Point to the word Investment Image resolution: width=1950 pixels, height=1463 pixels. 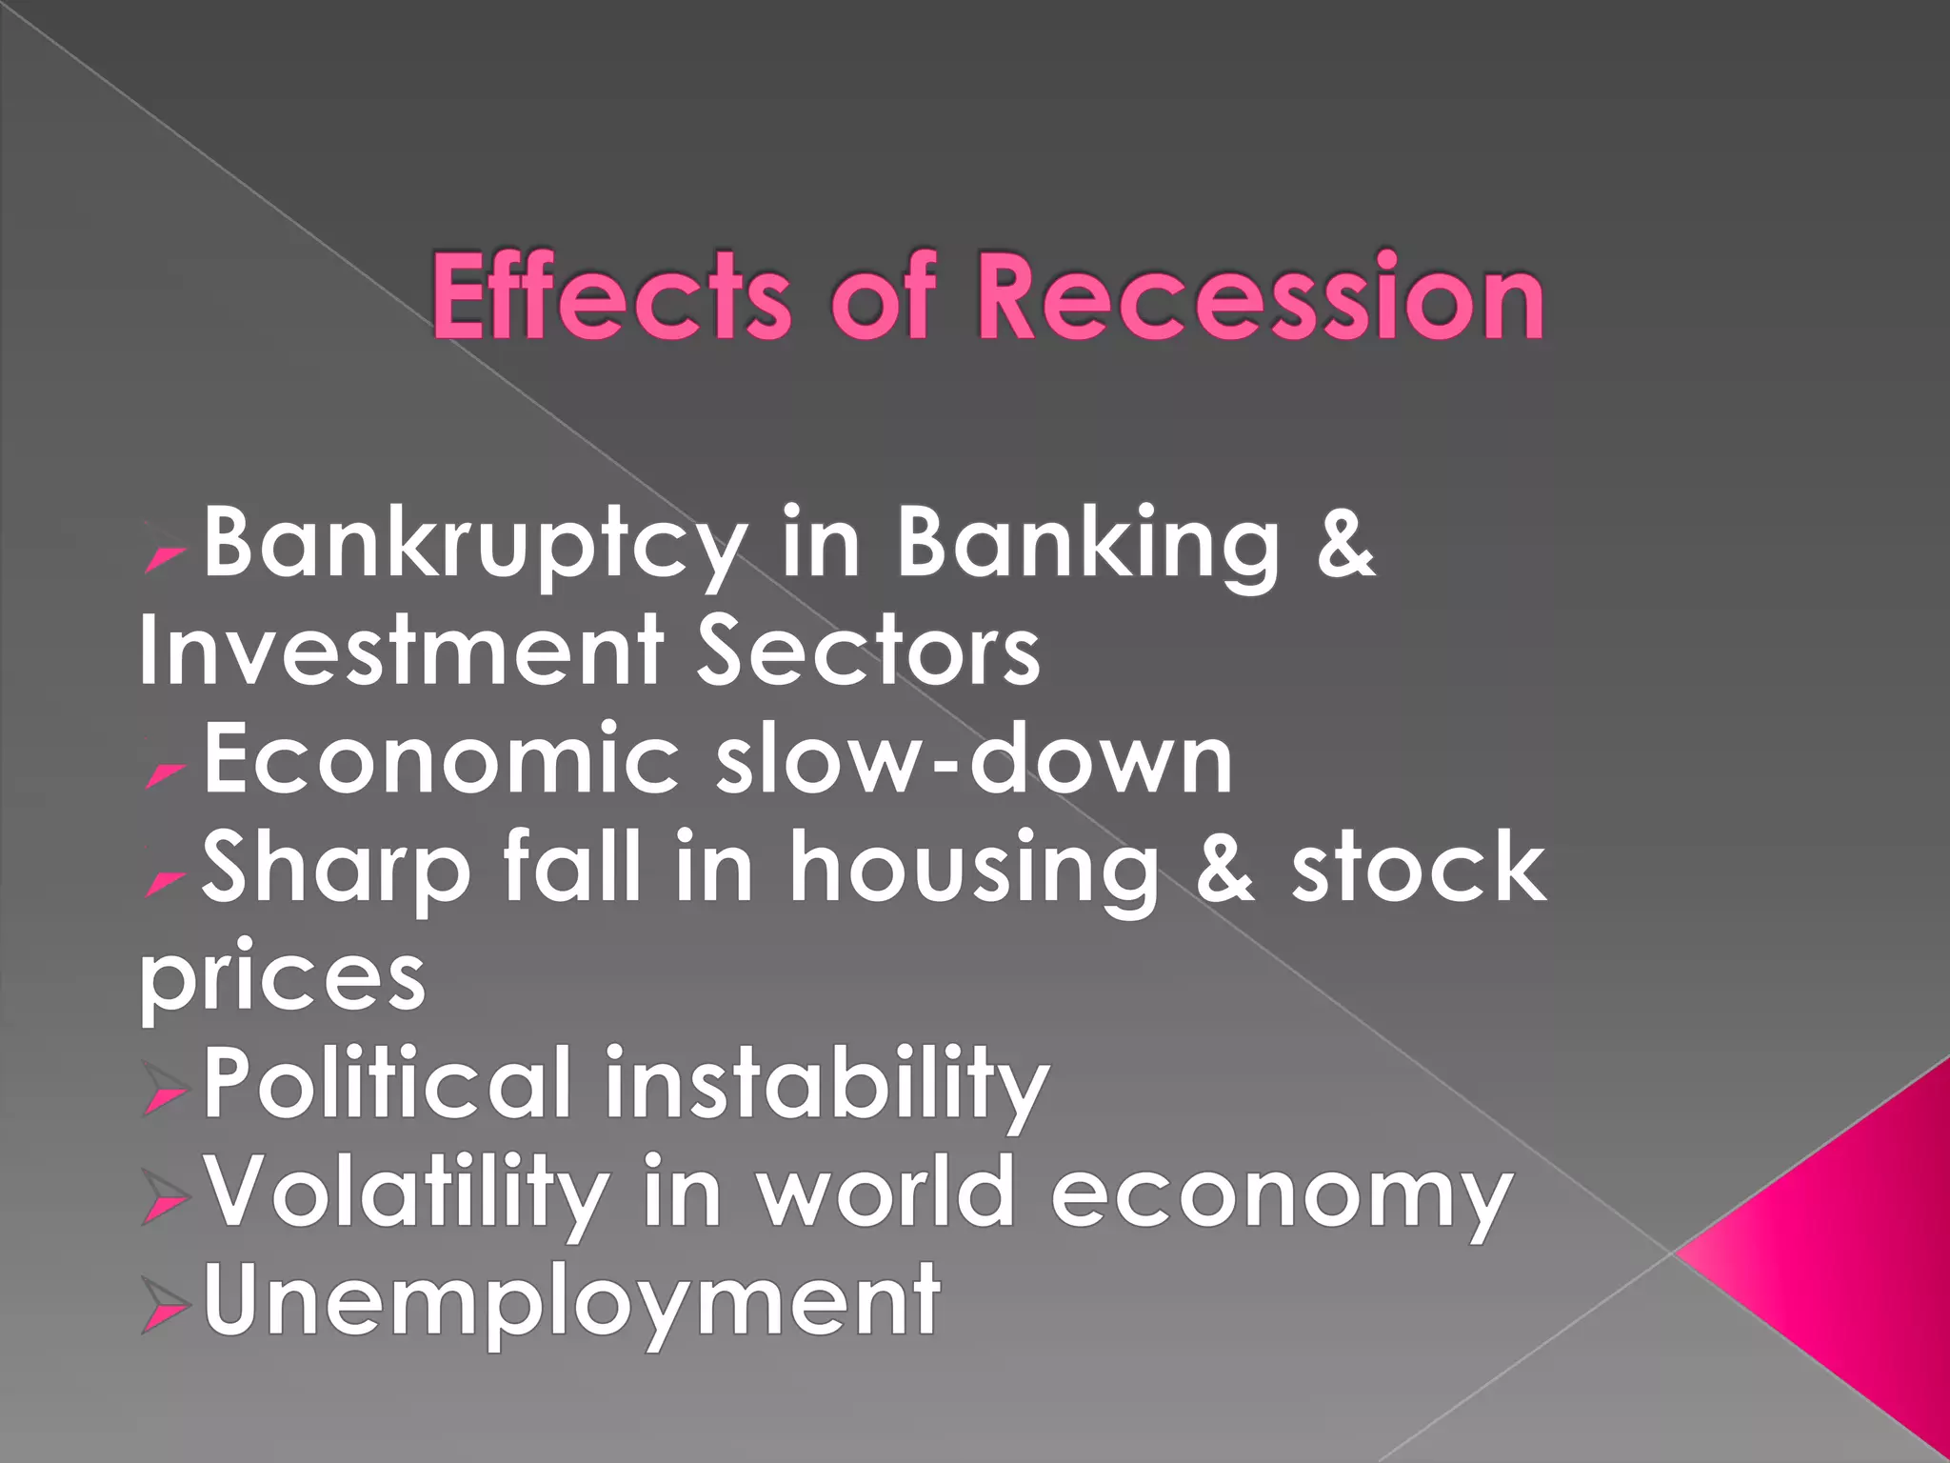[401, 651]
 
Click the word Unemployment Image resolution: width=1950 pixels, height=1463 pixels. [572, 1300]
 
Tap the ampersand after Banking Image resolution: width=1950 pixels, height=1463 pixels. [1345, 543]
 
